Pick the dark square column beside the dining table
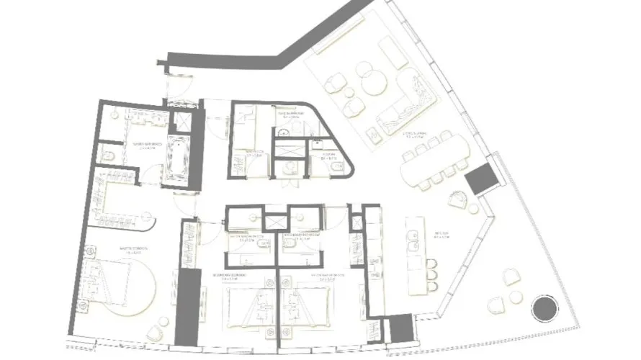(480, 179)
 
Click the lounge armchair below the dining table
(459, 203)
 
